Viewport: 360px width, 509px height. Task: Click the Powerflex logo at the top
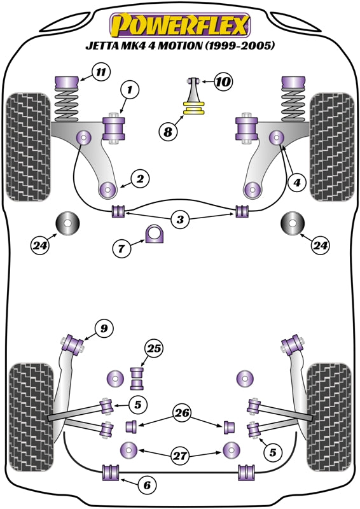pos(180,25)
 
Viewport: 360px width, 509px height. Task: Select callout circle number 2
pos(140,179)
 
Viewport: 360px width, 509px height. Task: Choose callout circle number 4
pos(295,182)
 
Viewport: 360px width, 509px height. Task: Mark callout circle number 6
pos(147,485)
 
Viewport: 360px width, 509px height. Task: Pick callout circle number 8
pos(167,132)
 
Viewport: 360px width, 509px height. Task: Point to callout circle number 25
pos(153,348)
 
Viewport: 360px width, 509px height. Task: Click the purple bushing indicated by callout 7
pos(155,235)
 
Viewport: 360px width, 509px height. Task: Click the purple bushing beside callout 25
pos(137,378)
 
